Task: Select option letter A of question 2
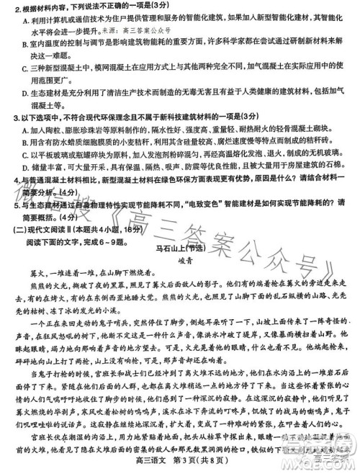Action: (16, 21)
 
